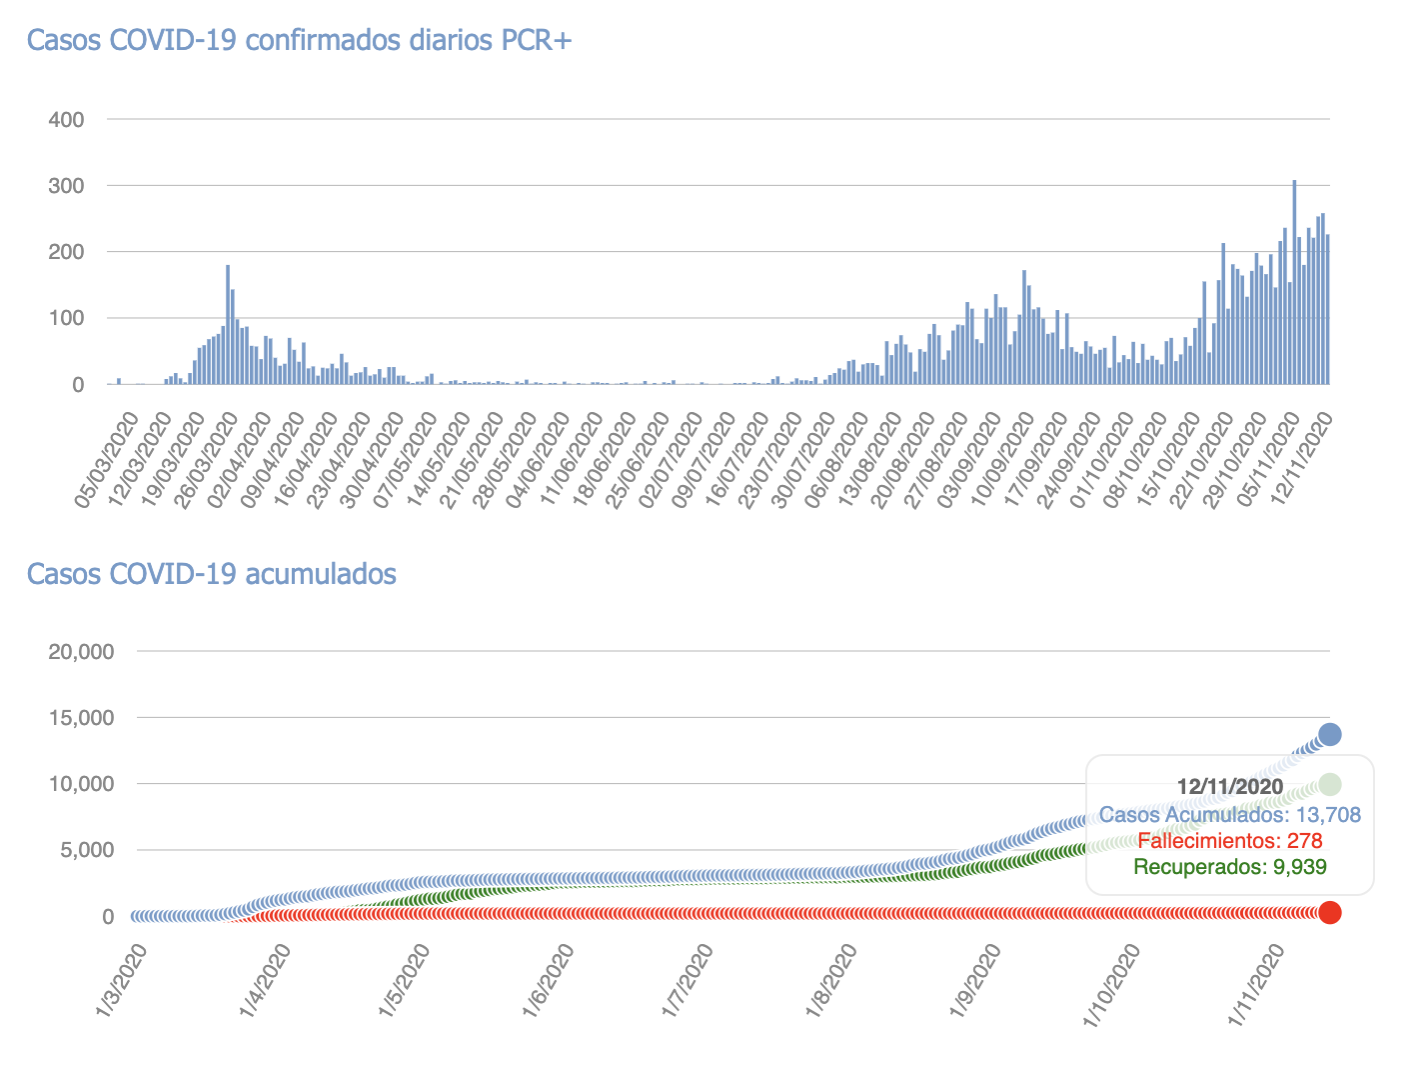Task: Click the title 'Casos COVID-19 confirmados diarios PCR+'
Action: click(299, 40)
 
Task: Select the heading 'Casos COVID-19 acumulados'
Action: click(211, 574)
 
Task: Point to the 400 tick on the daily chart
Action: click(66, 120)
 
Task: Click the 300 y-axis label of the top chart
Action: click(66, 186)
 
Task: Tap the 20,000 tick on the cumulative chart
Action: click(81, 652)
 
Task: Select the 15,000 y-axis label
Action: click(81, 718)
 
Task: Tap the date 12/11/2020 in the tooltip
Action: click(1230, 786)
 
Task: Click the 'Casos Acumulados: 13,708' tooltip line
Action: click(1230, 814)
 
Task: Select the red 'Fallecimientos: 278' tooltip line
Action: click(1230, 841)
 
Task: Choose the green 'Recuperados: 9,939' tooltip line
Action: click(1230, 867)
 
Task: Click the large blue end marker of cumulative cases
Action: click(1330, 734)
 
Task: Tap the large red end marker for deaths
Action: click(1330, 912)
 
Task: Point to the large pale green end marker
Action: click(1330, 783)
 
